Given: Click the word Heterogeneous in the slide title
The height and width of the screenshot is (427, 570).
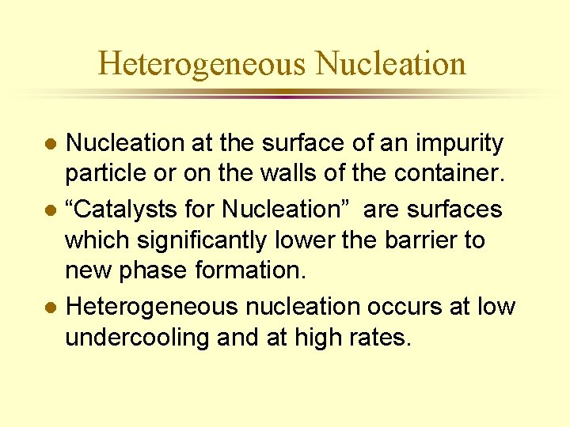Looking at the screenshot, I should (202, 63).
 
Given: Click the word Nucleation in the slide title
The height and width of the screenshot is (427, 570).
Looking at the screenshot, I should (391, 63).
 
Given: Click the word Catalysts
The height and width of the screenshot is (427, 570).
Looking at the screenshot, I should (138, 210).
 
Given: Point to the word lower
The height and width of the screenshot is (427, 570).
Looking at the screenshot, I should (296, 239).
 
